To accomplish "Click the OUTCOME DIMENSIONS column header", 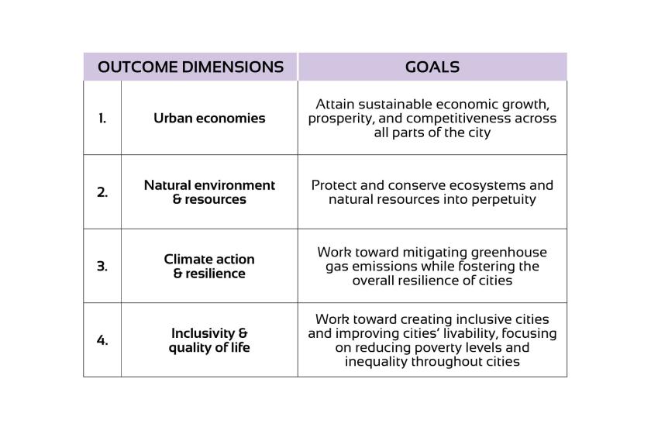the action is click(191, 67).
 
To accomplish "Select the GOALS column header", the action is click(432, 67).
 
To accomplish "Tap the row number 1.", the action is click(102, 119).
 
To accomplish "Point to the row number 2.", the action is click(102, 192).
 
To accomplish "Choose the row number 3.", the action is click(102, 267).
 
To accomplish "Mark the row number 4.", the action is click(102, 340).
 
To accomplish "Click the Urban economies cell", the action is click(209, 119).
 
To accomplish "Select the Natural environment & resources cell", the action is click(209, 192).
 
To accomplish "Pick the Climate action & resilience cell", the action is click(209, 267).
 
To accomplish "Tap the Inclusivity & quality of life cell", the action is click(209, 340).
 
